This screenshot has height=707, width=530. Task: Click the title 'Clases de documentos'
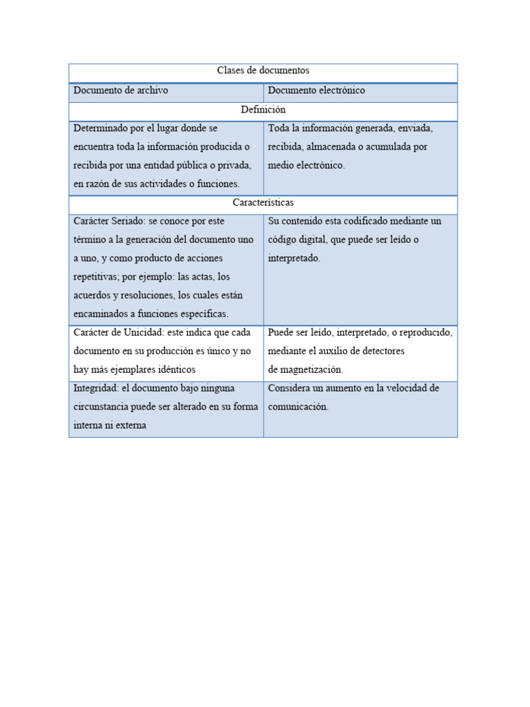pos(263,70)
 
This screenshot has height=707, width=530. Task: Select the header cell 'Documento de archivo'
pos(121,90)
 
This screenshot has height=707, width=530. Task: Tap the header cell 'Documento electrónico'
pos(317,90)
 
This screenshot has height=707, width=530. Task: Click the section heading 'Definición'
pos(263,109)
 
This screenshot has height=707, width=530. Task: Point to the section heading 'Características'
pos(263,202)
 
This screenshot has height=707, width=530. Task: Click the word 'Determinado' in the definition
pos(101,128)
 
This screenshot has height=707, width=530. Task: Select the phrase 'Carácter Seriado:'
pos(110,221)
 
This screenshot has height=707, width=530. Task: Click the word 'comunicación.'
pos(298,407)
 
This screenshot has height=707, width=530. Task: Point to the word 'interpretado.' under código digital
pos(294,258)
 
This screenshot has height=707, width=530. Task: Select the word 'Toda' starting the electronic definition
pos(278,128)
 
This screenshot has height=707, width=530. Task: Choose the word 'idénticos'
pos(176,369)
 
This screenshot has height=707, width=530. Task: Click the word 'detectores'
pos(382,351)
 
